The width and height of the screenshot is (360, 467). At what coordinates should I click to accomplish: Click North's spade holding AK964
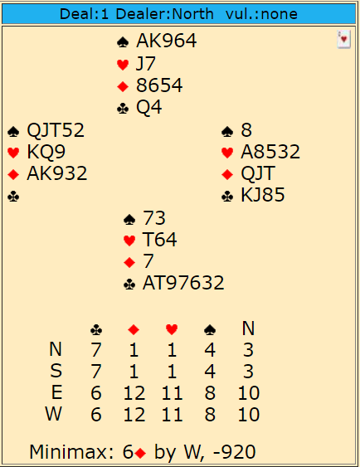point(166,41)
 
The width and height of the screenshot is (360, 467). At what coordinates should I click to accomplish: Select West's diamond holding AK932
point(57,173)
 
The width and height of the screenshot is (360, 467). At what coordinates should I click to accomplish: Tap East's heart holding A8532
point(270,152)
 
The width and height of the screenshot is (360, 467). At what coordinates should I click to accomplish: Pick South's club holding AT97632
point(183,283)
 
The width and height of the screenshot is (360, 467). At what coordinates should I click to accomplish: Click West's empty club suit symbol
point(13,197)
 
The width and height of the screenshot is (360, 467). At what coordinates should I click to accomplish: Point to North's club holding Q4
point(148,107)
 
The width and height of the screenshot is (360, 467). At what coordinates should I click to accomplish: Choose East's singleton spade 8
point(246,130)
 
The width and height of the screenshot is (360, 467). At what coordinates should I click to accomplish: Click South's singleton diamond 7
point(148,261)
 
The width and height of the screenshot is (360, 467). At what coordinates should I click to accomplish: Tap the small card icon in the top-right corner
point(343,39)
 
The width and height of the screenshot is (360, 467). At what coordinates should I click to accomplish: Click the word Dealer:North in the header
point(165,14)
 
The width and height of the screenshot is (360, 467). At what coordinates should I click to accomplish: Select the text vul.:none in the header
point(261,14)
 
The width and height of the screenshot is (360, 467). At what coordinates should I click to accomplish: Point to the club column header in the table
point(96,329)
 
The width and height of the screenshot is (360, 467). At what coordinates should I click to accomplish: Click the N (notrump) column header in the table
point(248,328)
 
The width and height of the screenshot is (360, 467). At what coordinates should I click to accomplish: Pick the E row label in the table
point(57,392)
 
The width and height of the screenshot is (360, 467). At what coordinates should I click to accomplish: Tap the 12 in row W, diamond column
point(134,414)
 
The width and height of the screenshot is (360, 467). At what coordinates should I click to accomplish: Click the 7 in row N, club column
point(96,350)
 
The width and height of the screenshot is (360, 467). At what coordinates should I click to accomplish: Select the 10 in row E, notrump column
point(249,393)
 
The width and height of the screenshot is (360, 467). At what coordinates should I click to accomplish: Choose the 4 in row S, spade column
point(210,372)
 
